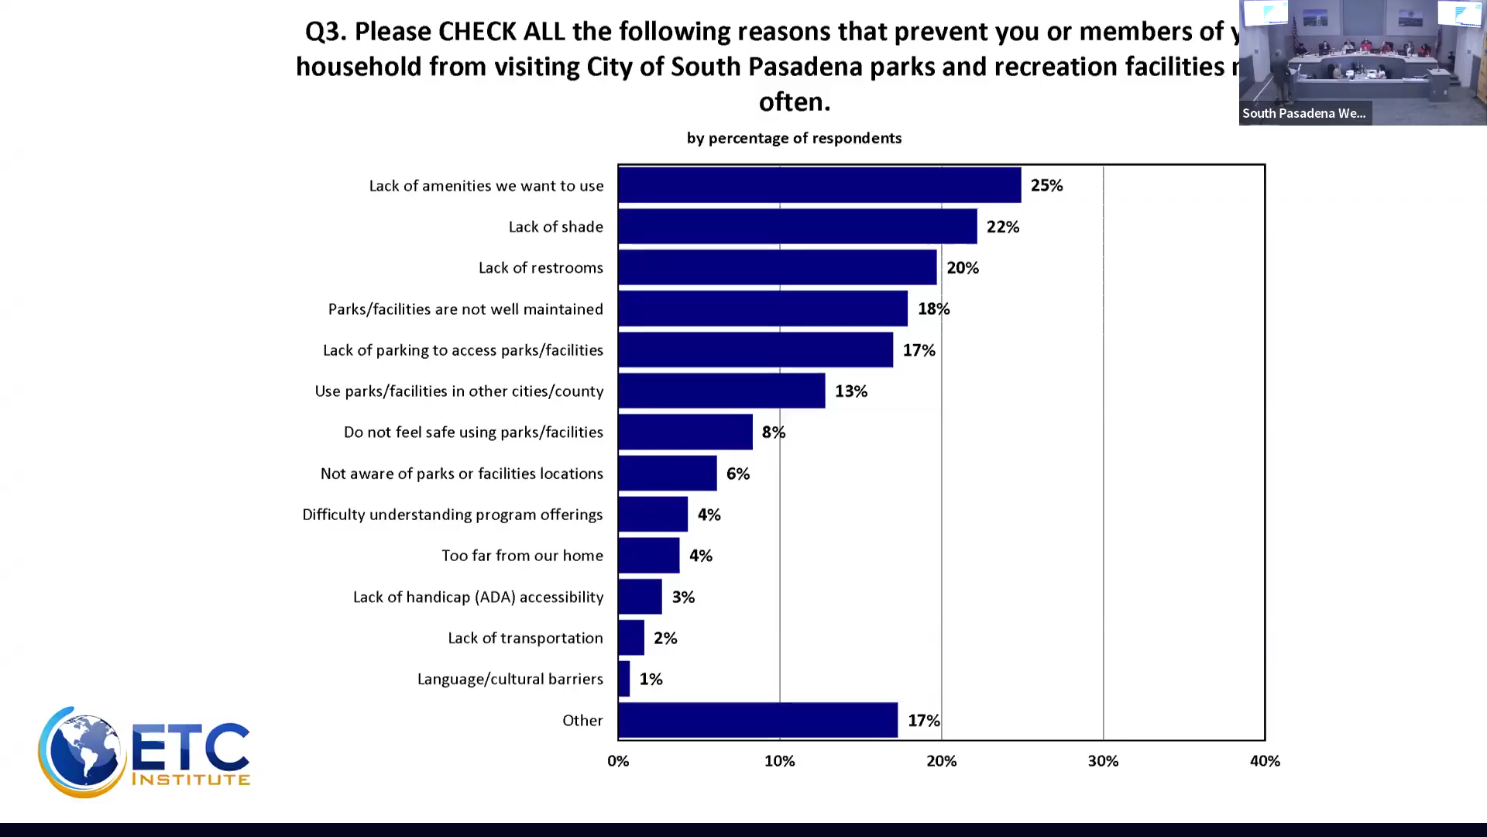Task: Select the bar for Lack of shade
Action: click(797, 226)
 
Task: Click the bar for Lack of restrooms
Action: click(777, 267)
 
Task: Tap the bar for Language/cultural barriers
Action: click(624, 679)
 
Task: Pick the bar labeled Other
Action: click(757, 720)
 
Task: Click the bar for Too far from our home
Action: click(649, 556)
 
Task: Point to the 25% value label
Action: click(1046, 185)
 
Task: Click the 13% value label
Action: click(850, 391)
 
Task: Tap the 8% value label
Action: click(773, 432)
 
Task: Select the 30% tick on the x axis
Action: click(1103, 761)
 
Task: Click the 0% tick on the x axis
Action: click(618, 761)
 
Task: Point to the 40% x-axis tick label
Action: click(1264, 761)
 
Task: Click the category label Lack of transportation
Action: click(525, 638)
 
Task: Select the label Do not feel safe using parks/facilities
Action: click(473, 432)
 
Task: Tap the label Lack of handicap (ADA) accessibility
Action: click(478, 597)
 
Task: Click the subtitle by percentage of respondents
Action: click(794, 138)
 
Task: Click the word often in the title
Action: click(794, 102)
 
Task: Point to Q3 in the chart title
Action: click(325, 32)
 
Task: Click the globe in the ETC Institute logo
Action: click(84, 752)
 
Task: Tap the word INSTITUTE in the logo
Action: click(191, 779)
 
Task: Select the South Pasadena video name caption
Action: click(1304, 113)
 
